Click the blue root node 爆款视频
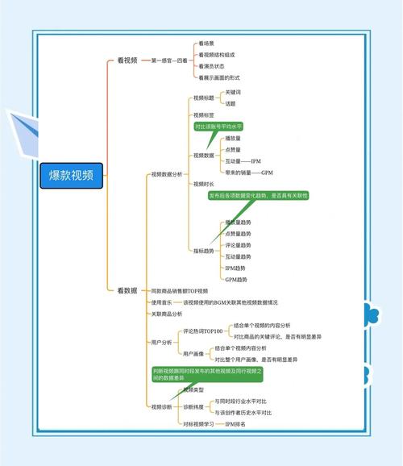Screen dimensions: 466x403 coord(71,175)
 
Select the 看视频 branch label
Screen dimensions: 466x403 coord(127,60)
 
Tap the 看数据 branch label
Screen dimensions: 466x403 coord(127,289)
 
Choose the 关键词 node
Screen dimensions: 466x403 coord(233,93)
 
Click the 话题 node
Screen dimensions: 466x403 coord(231,104)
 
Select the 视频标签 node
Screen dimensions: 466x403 coord(203,115)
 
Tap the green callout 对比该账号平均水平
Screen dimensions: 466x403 coord(218,127)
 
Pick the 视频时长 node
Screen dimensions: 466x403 coord(203,184)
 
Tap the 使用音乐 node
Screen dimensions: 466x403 coord(162,302)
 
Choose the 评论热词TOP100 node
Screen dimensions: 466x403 coord(202,331)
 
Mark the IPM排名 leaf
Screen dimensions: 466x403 coord(235,423)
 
